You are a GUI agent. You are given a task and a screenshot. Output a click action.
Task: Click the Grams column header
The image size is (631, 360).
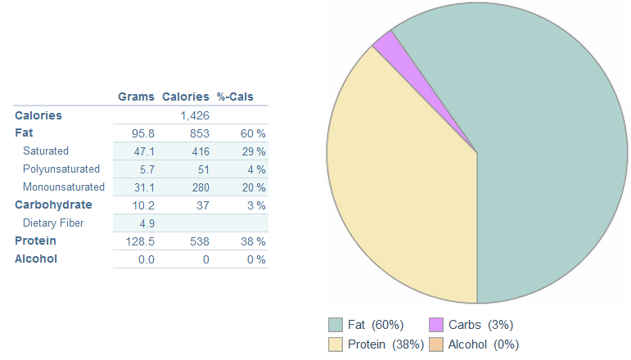pyautogui.click(x=136, y=97)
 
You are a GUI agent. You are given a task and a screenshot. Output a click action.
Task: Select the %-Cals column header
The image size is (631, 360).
pyautogui.click(x=235, y=97)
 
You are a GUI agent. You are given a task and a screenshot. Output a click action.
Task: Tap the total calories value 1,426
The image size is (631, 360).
pyautogui.click(x=195, y=115)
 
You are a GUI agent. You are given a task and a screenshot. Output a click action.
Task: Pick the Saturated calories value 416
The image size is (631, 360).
pyautogui.click(x=200, y=151)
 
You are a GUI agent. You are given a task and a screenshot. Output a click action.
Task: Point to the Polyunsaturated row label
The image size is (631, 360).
pyautogui.click(x=61, y=169)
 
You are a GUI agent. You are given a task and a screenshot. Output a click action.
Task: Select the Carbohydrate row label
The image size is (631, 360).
pyautogui.click(x=53, y=205)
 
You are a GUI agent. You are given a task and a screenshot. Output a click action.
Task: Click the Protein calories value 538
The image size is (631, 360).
pyautogui.click(x=200, y=241)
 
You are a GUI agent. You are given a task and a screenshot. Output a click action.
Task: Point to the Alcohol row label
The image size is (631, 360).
pyautogui.click(x=37, y=259)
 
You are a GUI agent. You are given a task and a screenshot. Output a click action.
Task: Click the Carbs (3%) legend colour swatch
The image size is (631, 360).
pyautogui.click(x=436, y=325)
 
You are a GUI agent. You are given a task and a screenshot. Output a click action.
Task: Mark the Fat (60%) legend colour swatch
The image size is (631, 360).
pyautogui.click(x=336, y=325)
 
